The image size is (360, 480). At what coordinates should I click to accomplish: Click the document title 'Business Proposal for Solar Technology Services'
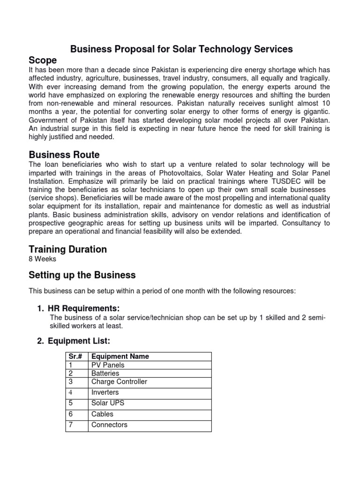click(181, 49)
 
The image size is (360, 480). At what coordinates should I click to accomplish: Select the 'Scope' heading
click(43, 60)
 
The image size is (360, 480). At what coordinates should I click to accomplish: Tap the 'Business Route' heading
click(64, 155)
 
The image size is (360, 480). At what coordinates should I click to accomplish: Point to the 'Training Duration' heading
click(67, 249)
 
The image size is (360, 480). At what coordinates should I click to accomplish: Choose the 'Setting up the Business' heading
click(82, 275)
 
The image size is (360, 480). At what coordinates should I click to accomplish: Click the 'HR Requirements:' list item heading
click(84, 308)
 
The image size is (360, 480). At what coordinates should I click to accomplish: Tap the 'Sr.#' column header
click(75, 357)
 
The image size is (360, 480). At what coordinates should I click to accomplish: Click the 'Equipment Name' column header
click(120, 357)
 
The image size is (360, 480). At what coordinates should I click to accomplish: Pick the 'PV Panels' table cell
click(108, 365)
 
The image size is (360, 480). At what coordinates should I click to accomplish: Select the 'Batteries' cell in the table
click(105, 374)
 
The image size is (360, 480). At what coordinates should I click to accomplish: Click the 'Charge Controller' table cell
click(119, 382)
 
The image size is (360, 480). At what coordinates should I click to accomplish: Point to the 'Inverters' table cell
click(105, 392)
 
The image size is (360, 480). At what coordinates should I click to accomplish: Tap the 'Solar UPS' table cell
click(108, 403)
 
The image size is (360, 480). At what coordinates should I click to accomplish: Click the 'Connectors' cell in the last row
click(109, 425)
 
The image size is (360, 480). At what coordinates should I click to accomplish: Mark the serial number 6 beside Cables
click(70, 414)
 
